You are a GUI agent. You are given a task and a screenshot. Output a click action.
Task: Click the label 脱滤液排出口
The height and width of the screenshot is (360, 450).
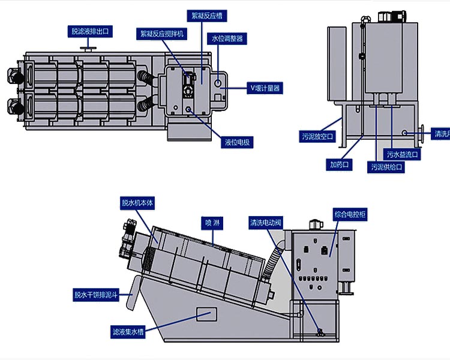coord(90,31)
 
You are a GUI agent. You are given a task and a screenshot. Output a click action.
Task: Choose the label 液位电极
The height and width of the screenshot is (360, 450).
coord(238,142)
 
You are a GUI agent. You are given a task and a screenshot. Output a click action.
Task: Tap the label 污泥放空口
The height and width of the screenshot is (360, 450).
coord(317,137)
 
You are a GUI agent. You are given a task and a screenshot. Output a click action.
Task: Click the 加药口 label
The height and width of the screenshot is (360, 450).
coord(339,163)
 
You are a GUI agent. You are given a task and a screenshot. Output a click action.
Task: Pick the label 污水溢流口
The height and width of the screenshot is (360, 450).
coord(403,154)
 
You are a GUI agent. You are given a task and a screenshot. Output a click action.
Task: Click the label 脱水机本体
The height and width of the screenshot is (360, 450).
coord(138,203)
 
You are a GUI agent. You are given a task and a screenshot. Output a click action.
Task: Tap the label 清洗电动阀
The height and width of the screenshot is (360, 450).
coord(265,223)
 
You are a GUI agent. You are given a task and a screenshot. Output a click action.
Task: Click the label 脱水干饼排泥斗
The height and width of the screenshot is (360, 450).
coord(96,295)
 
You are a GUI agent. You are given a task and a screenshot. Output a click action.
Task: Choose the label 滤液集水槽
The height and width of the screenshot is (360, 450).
coord(128,331)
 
